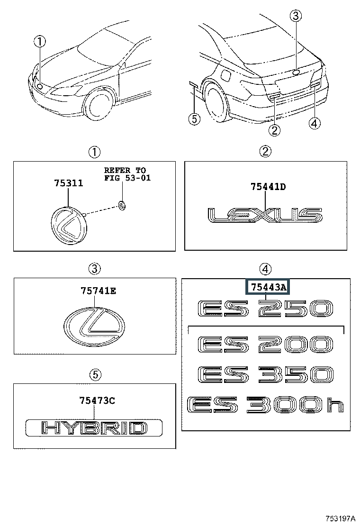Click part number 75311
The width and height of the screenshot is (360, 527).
(69, 183)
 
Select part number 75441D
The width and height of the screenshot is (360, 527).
(268, 187)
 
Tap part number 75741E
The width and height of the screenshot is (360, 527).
(99, 291)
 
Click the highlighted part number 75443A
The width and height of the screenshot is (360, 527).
(268, 287)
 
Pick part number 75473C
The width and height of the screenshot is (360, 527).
(97, 400)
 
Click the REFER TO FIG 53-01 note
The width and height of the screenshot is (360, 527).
(127, 174)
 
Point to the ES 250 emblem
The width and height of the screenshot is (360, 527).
(265, 309)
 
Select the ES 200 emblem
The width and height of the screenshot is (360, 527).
(265, 344)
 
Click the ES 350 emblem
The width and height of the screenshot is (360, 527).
(265, 374)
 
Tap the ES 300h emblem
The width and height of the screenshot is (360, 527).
(265, 405)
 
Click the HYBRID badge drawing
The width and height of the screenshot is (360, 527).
(94, 428)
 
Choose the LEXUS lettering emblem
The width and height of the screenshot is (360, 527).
(265, 215)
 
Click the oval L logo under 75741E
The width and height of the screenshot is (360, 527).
(94, 325)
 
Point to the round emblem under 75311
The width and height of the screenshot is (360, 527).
(69, 226)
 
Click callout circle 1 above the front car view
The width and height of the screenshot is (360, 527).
(40, 42)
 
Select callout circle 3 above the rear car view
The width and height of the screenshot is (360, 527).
(296, 16)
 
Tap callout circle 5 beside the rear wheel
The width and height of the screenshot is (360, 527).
(194, 118)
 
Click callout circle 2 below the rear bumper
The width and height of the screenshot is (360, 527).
(274, 130)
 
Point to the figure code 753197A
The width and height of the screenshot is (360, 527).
(340, 518)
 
